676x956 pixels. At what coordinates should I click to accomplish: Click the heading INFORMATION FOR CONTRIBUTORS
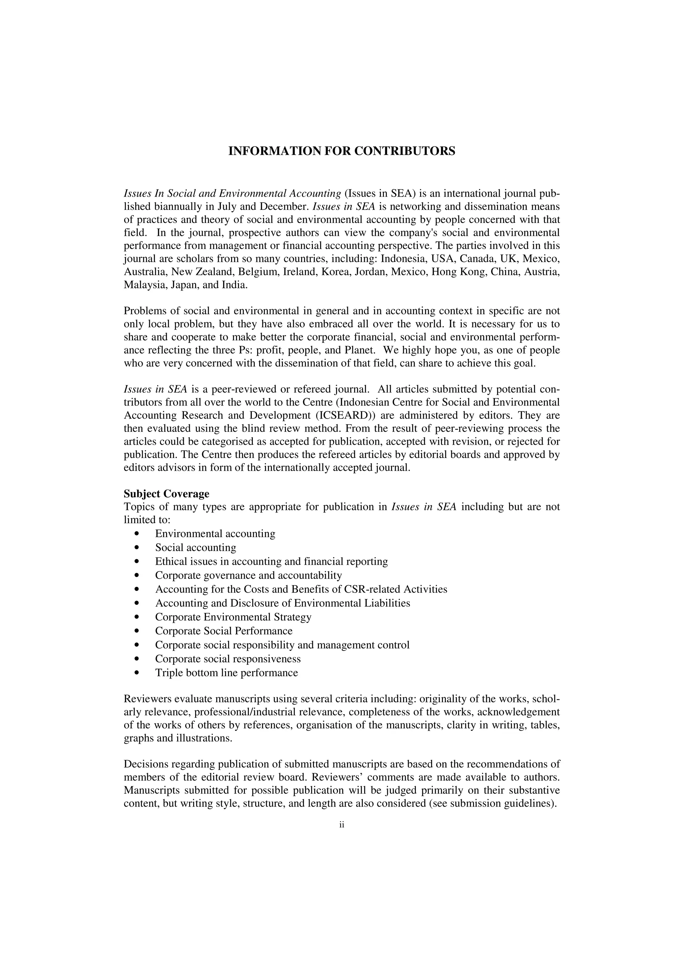point(342,151)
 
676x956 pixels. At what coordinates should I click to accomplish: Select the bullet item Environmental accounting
point(215,534)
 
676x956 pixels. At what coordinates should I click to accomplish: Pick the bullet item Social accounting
point(195,548)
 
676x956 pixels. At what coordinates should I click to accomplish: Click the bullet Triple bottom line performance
point(226,673)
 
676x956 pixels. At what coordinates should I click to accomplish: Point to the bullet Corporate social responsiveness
point(227,659)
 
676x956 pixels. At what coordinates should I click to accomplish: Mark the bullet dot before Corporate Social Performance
point(137,631)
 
